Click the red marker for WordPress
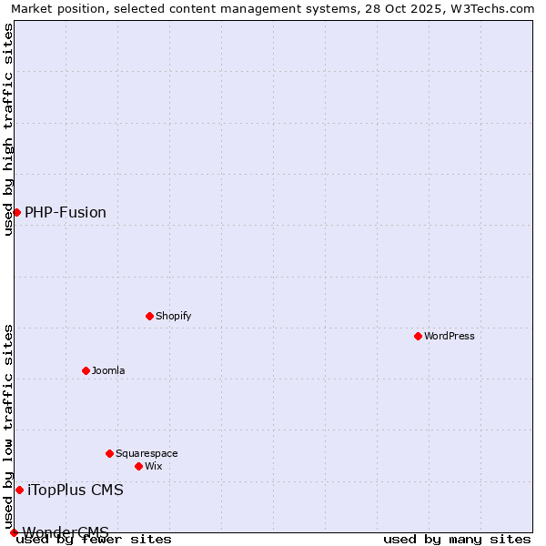(x=418, y=336)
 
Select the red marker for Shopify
(x=149, y=316)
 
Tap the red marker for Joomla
(x=86, y=370)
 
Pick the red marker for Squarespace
(x=109, y=453)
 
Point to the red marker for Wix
(x=138, y=466)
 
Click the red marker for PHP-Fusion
(x=16, y=212)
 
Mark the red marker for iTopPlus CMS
(x=19, y=490)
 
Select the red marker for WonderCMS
(x=14, y=532)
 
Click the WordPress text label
(x=450, y=336)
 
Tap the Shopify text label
(x=173, y=316)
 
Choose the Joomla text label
(x=108, y=370)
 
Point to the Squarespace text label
(x=147, y=453)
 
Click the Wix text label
(x=153, y=466)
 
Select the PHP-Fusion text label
(x=66, y=212)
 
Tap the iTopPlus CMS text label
(x=76, y=490)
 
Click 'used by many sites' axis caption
(x=457, y=539)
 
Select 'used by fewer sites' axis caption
(x=95, y=539)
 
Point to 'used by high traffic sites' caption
(x=8, y=129)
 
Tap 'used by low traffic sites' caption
(x=8, y=420)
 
